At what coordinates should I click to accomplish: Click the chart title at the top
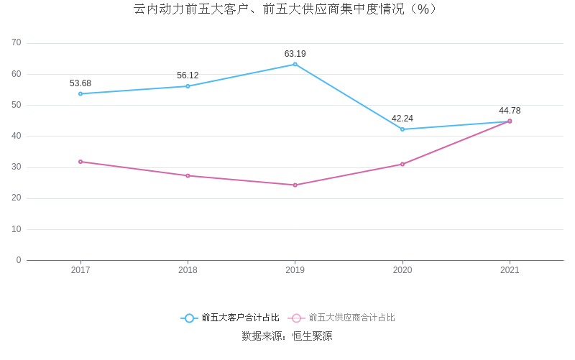286,9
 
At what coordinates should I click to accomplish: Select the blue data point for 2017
80,93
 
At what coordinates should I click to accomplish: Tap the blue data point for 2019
295,64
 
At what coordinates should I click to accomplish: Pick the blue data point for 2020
402,129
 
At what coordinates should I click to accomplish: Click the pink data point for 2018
188,175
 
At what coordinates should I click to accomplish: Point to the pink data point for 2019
295,185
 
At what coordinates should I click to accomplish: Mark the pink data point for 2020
402,164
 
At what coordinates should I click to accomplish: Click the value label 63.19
295,54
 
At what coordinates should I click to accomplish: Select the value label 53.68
80,83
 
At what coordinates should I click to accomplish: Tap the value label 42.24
402,119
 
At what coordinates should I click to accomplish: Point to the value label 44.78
510,111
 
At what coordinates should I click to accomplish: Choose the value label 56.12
188,75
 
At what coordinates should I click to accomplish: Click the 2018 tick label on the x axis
188,270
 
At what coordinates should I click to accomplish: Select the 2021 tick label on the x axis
510,270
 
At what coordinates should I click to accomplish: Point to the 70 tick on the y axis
17,43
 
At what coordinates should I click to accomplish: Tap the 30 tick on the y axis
17,167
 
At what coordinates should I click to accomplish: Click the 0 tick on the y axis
19,260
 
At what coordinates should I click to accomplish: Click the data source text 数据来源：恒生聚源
287,336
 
